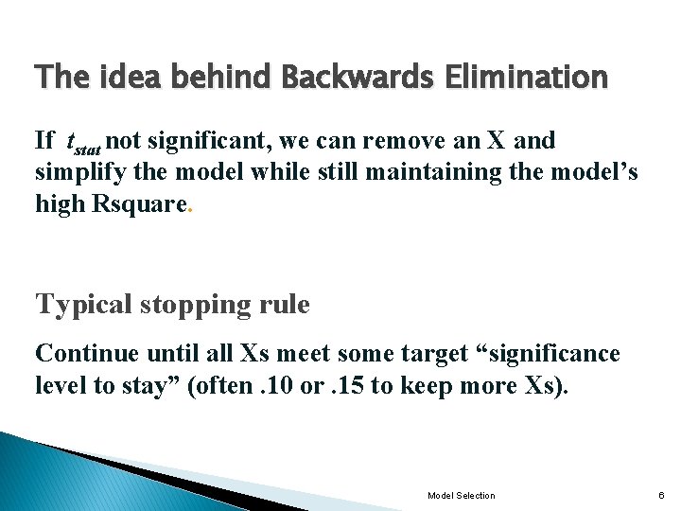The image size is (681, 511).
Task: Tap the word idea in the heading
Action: pyautogui.click(x=123, y=77)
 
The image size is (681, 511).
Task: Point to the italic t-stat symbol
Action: pyautogui.click(x=81, y=144)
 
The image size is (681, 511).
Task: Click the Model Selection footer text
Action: pyautogui.click(x=461, y=496)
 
